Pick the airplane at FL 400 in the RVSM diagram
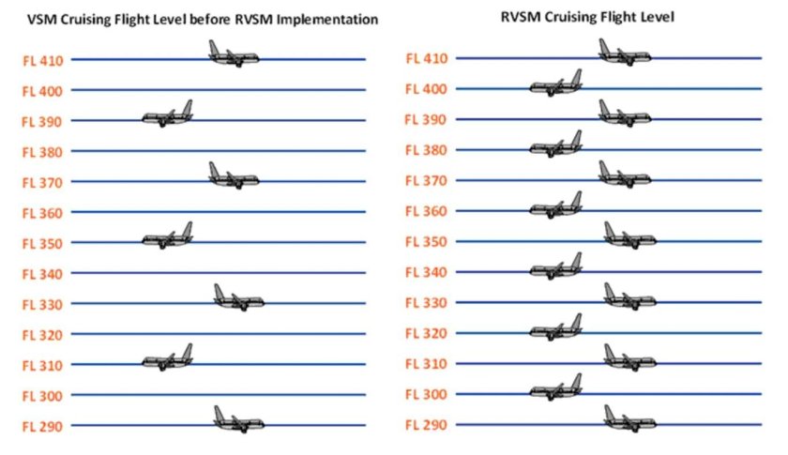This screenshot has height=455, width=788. [556, 84]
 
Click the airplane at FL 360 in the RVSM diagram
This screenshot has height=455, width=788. [556, 206]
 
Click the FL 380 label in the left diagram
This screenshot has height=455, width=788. [42, 151]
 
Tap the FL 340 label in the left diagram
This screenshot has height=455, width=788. [42, 273]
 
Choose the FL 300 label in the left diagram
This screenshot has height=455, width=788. [42, 395]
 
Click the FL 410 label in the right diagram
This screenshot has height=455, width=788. [426, 58]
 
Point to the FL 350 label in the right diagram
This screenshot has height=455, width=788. [426, 241]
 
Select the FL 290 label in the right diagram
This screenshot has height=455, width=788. [426, 424]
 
